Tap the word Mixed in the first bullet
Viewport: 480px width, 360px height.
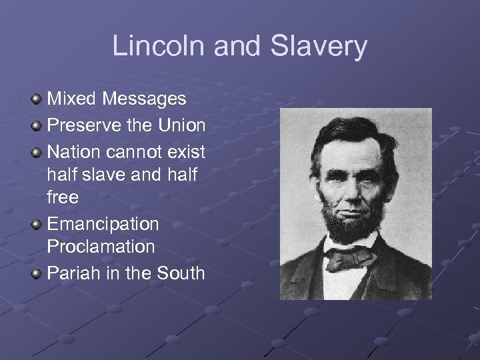[73, 99]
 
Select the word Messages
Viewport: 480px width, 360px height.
[145, 99]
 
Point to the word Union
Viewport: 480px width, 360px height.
[181, 125]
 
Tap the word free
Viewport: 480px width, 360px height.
[63, 197]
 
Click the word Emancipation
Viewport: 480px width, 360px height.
[103, 223]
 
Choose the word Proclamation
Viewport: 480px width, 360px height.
[101, 247]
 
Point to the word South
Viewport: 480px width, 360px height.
[181, 273]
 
